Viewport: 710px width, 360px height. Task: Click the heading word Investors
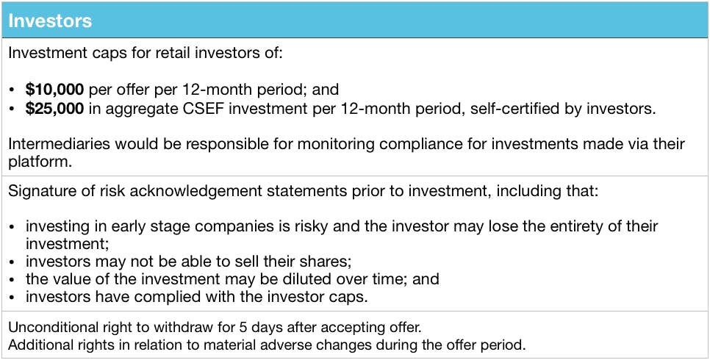click(50, 21)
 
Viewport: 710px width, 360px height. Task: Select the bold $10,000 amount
click(55, 90)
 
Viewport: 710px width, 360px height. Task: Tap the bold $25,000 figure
click(55, 109)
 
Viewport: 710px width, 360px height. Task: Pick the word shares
click(326, 262)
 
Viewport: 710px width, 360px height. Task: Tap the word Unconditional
click(51, 328)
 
